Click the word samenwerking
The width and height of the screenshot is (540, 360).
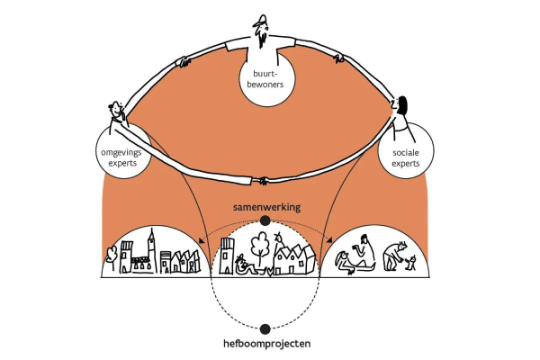[265, 206]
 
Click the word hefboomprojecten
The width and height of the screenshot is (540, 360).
[265, 344]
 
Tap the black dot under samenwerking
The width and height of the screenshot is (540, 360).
[265, 220]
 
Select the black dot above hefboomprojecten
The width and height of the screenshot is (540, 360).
[265, 329]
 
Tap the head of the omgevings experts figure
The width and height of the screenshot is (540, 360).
[114, 110]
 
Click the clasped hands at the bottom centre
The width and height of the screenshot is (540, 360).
[264, 180]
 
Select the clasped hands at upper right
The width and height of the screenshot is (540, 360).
[342, 59]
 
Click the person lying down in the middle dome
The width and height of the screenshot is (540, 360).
[244, 265]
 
